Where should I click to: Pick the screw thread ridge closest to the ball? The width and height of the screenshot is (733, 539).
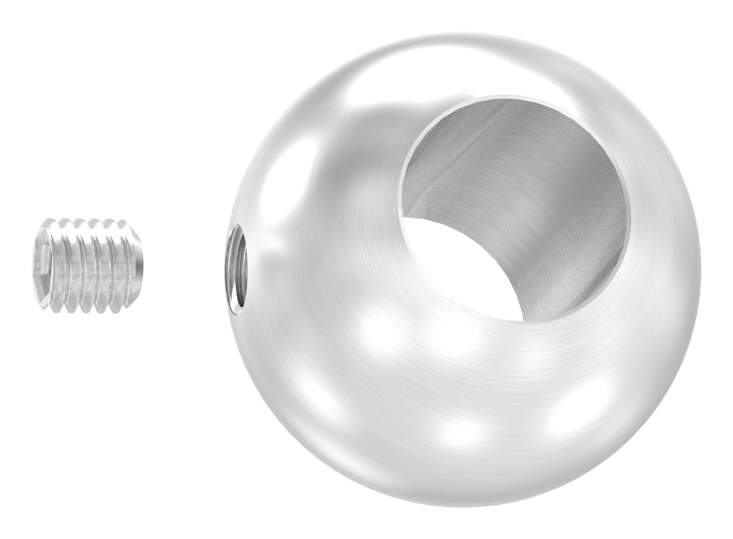tap(130, 265)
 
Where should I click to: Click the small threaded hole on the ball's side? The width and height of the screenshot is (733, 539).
tap(236, 270)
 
